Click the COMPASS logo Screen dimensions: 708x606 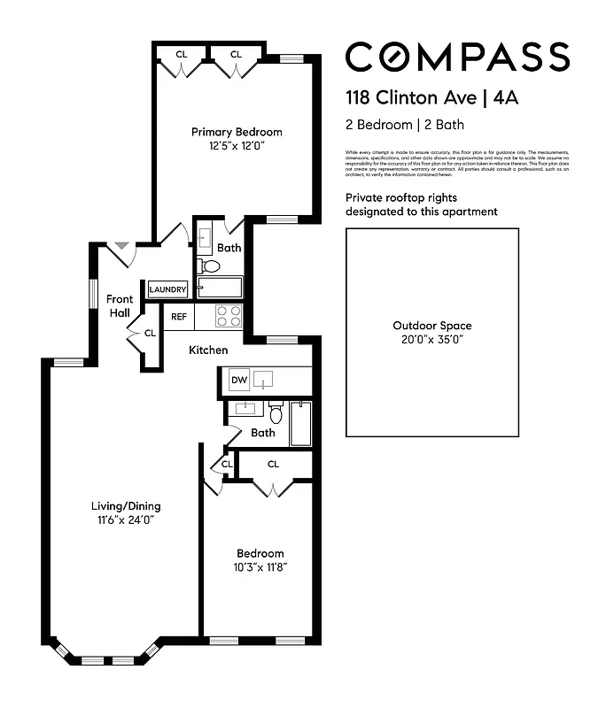pyautogui.click(x=456, y=57)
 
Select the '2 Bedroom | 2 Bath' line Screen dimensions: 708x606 pyautogui.click(x=405, y=125)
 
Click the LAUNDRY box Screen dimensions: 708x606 pyautogui.click(x=168, y=289)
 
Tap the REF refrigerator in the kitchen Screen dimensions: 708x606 pyautogui.click(x=179, y=316)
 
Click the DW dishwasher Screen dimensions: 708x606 pyautogui.click(x=238, y=381)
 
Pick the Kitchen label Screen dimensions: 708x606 pyautogui.click(x=208, y=350)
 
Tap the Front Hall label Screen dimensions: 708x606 pyautogui.click(x=120, y=306)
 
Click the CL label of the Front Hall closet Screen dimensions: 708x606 pyautogui.click(x=150, y=334)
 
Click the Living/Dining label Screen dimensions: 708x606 pyautogui.click(x=127, y=506)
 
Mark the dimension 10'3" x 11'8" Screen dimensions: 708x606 pyautogui.click(x=260, y=566)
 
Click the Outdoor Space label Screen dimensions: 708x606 pyautogui.click(x=432, y=326)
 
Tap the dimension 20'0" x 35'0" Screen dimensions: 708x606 pyautogui.click(x=432, y=339)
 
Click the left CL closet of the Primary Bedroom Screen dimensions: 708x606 pyautogui.click(x=182, y=55)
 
